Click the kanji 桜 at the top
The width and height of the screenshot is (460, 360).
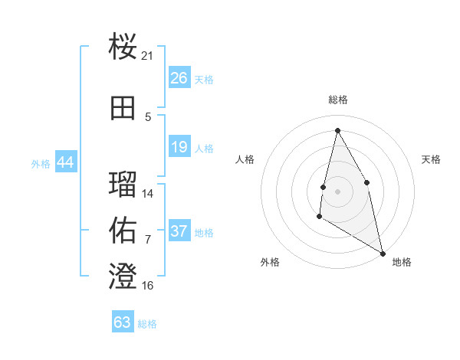click(123, 47)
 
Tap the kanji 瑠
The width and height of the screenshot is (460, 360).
click(123, 184)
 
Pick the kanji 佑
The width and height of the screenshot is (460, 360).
click(123, 230)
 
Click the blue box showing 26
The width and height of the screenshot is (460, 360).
click(179, 78)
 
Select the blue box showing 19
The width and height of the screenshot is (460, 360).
click(179, 147)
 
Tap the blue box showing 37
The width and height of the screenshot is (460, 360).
click(179, 231)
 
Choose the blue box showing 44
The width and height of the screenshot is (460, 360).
click(65, 162)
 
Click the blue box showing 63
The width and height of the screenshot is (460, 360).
click(123, 322)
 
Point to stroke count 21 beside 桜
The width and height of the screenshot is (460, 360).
click(148, 56)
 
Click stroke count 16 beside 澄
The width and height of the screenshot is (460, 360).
click(148, 286)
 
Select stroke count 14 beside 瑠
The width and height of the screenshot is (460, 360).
click(148, 194)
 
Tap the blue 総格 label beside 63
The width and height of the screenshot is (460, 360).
click(147, 324)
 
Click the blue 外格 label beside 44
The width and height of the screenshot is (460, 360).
click(41, 163)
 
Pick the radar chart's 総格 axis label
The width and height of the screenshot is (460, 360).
click(338, 100)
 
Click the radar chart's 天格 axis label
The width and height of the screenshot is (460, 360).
click(431, 159)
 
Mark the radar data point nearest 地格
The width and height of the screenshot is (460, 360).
click(384, 254)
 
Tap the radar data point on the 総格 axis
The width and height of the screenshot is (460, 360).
click(337, 130)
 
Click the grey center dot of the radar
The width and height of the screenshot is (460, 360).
click(337, 191)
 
